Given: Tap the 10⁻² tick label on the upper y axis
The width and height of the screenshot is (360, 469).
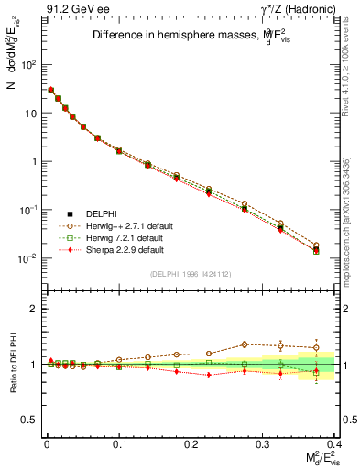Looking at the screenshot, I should [x=28, y=258].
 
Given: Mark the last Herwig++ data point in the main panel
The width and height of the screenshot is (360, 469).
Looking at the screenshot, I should [x=342, y=245].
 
